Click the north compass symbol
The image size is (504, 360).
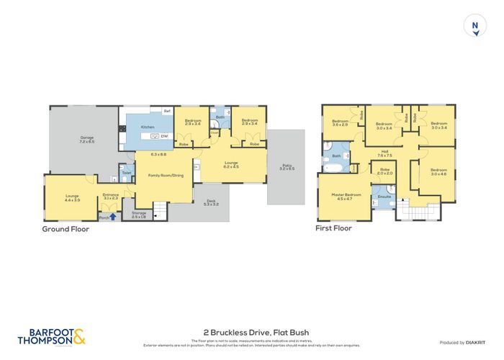(x=474, y=27)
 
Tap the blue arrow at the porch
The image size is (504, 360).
(x=112, y=216)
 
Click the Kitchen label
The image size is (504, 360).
(x=148, y=127)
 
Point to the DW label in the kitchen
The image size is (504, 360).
(x=165, y=136)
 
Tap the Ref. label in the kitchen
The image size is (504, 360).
(x=166, y=111)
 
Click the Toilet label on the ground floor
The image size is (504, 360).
(x=126, y=173)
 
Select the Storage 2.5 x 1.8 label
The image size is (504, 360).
(x=139, y=215)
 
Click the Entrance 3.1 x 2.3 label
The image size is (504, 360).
(x=110, y=196)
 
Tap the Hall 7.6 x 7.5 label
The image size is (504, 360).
(x=384, y=153)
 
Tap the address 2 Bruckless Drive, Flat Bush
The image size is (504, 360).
(x=252, y=331)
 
